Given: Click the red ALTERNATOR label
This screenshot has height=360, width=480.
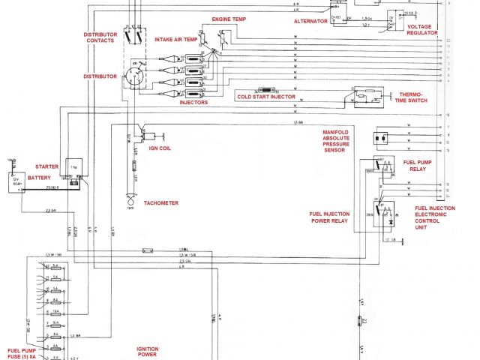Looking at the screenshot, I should [311, 22].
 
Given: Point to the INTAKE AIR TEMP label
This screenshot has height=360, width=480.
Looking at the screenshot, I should [176, 39].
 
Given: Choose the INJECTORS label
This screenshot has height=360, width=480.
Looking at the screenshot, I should [193, 103].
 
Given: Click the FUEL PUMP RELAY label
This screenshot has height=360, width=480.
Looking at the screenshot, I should [418, 166].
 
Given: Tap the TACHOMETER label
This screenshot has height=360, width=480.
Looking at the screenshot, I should [162, 202].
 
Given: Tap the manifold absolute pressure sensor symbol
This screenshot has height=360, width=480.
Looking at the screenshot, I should [380, 139].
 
